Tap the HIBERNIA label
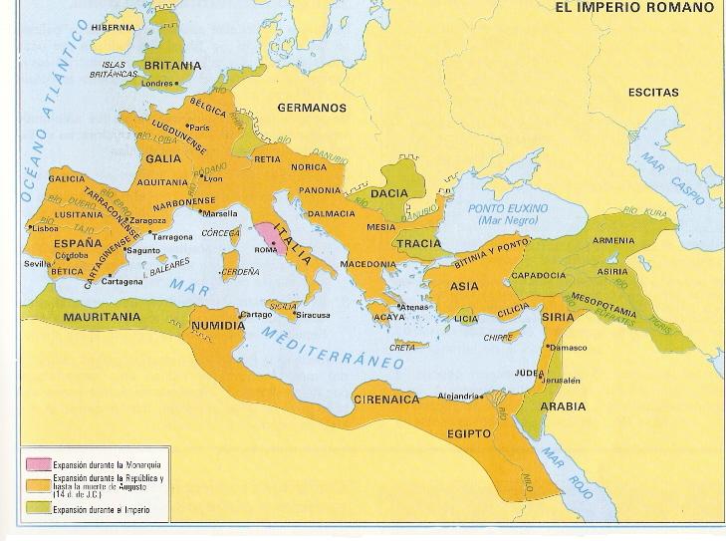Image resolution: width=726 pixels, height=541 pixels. pos(112,28)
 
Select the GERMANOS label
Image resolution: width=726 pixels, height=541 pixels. pos(312,108)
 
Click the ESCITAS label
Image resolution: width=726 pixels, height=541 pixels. pos(653,93)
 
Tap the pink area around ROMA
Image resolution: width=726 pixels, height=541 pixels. pos(267,237)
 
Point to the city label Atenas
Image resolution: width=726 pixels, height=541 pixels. pos(415,307)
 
